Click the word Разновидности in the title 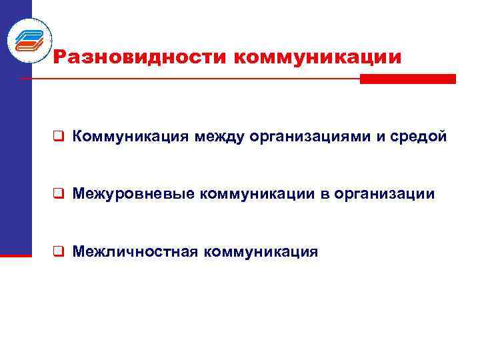coord(137,57)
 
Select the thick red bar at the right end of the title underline coord(407,79)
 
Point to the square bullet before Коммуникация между coord(59,137)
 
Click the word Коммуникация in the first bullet coord(130,137)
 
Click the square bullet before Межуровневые coord(59,195)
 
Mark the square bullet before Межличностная coord(59,252)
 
